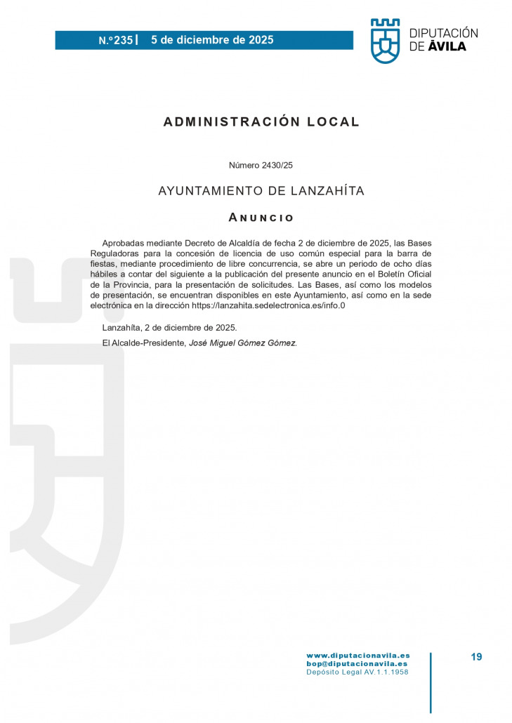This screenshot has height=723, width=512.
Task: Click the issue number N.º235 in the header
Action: coord(115,40)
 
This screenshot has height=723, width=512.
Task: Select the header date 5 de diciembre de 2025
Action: coord(212,40)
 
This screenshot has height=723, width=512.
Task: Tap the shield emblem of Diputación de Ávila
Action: coord(385,41)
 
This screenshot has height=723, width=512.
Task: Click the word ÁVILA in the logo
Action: coord(447,47)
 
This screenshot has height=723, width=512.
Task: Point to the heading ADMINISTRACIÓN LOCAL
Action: coord(261,121)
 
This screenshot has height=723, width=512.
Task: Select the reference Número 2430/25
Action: coord(261,165)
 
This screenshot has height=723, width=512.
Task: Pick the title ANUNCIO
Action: coord(261,218)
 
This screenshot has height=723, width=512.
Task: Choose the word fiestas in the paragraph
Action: coord(107,264)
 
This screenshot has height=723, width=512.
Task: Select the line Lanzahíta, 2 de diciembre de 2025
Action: coord(169,328)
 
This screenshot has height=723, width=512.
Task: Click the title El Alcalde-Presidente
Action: coord(143,343)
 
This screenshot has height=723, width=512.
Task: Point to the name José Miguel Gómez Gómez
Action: coord(243,343)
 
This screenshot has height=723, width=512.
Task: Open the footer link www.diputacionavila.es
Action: coord(357,655)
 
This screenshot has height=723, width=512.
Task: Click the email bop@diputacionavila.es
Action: coord(357,663)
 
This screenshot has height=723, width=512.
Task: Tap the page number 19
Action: coord(476,657)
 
